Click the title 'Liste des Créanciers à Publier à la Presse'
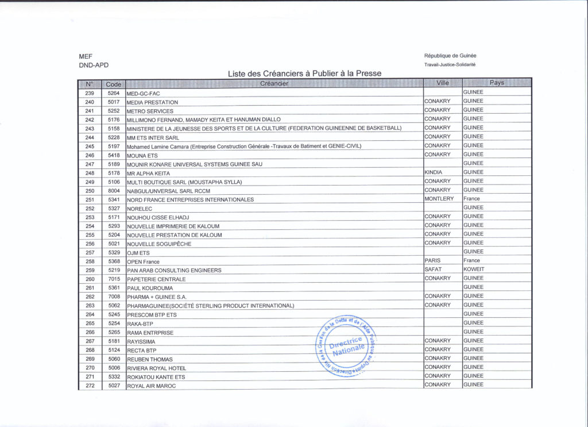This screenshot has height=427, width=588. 304,74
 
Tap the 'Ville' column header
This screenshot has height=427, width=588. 442,83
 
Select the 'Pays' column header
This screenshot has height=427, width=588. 497,83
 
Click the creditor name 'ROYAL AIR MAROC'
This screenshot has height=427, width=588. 151,386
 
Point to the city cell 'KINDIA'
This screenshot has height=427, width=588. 434,172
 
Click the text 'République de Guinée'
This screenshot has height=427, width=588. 450,56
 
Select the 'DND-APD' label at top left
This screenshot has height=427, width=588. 94,66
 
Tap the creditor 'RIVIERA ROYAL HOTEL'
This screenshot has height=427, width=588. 156,368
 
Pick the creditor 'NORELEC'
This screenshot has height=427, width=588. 140,209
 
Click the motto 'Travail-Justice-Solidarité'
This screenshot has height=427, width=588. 450,64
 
